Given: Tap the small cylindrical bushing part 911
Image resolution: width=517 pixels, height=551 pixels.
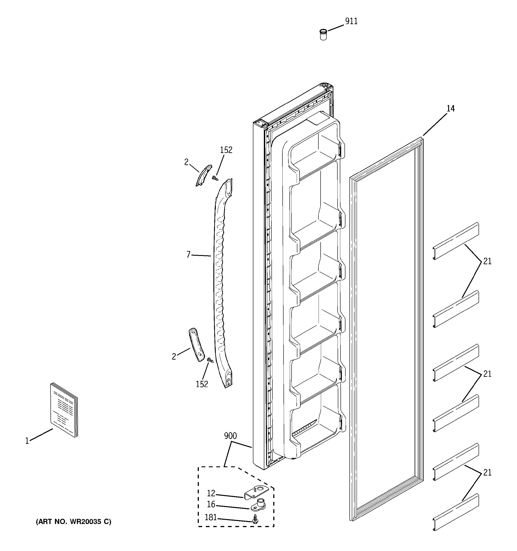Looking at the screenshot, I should [x=323, y=34].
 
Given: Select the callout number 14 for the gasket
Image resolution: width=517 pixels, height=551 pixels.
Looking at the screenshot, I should [x=450, y=109].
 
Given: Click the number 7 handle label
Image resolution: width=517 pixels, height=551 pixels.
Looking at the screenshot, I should [x=189, y=254].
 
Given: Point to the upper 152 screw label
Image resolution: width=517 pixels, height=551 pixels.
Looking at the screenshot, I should [x=226, y=150].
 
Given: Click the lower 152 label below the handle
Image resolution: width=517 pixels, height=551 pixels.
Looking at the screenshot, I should [x=202, y=384].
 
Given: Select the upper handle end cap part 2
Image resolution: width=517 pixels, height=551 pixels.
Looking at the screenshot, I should [x=203, y=175].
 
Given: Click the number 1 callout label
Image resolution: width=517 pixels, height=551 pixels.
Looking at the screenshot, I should [x=27, y=441].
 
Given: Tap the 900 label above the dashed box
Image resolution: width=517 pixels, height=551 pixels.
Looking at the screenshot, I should [x=230, y=436].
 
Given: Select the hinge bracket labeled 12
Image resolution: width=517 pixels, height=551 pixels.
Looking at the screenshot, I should [x=257, y=493].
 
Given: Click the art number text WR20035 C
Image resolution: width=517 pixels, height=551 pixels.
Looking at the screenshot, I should [x=74, y=522].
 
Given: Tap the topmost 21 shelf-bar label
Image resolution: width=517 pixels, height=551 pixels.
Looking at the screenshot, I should [x=487, y=261].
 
